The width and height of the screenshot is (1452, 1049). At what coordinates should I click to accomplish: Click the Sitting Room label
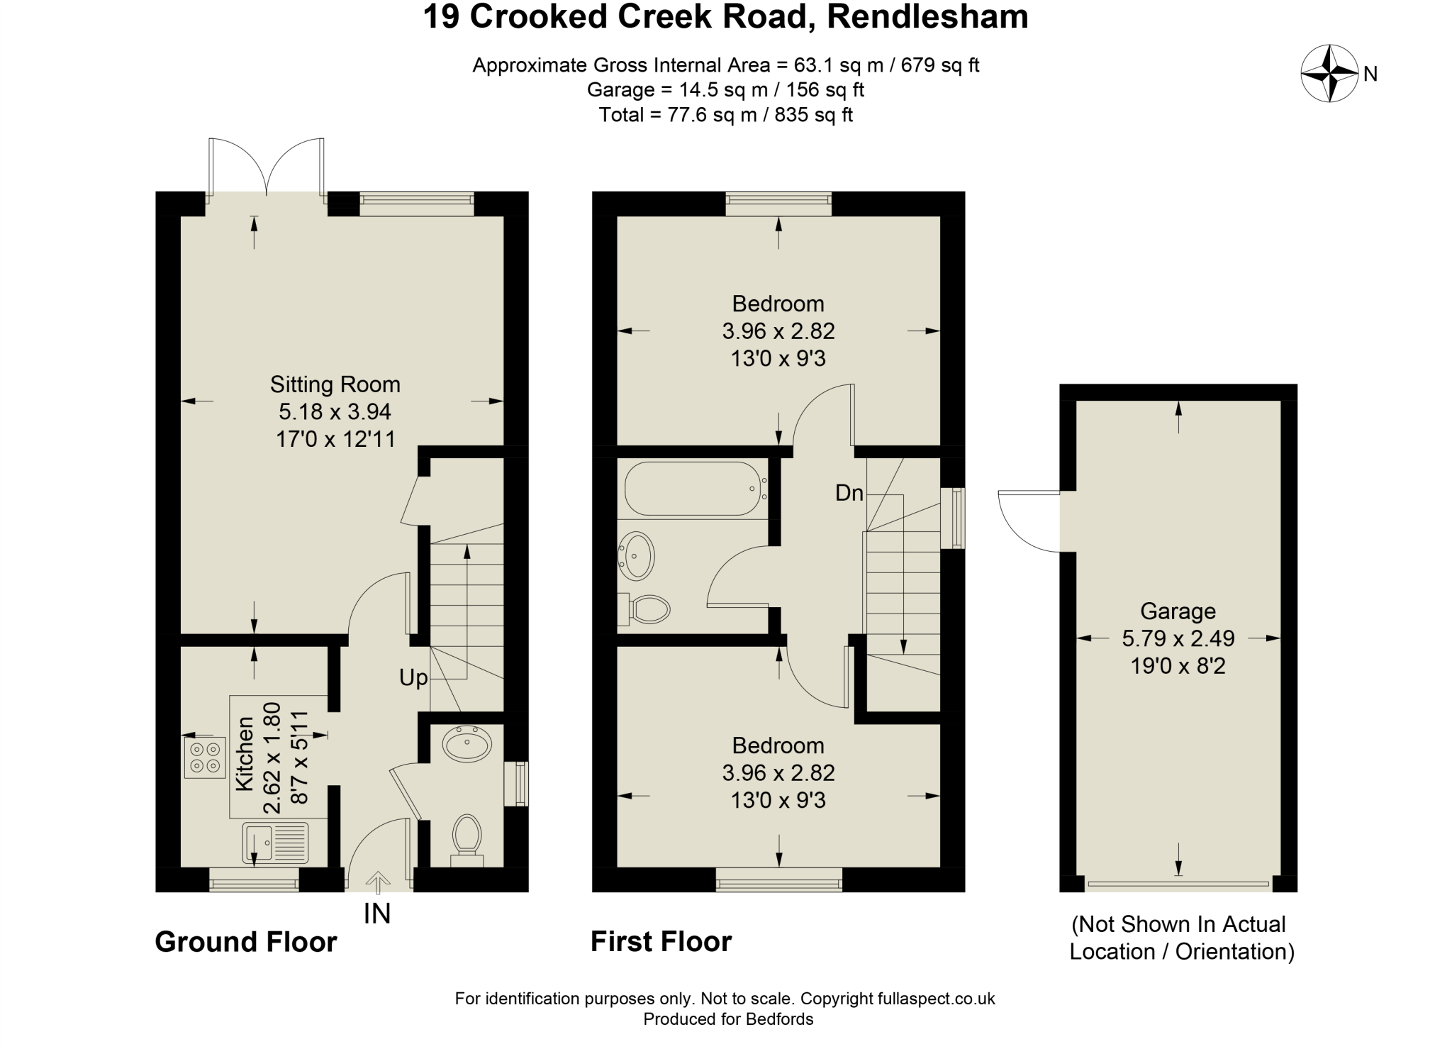(x=335, y=385)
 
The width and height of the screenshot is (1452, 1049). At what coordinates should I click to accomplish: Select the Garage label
(x=1178, y=611)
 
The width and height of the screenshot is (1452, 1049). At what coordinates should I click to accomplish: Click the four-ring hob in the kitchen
(x=205, y=757)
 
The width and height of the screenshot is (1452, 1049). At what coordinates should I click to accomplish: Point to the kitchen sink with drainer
(x=275, y=842)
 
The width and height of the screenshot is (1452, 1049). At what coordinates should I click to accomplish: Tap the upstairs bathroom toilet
(x=647, y=609)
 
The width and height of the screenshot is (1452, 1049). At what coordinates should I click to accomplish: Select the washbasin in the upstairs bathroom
(x=637, y=555)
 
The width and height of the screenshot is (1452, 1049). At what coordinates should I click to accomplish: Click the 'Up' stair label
(x=413, y=679)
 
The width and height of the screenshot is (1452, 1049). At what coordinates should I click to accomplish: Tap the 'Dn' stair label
(x=849, y=493)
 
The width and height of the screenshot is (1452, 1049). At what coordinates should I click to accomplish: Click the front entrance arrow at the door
(x=379, y=882)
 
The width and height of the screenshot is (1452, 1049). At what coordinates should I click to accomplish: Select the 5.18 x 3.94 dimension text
(x=335, y=412)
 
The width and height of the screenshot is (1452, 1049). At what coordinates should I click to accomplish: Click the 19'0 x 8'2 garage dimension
(x=1178, y=667)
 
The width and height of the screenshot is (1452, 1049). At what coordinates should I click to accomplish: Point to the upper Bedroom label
(x=778, y=304)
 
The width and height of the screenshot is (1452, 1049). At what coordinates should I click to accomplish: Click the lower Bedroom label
(x=778, y=746)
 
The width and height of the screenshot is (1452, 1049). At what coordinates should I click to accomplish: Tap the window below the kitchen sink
(x=254, y=879)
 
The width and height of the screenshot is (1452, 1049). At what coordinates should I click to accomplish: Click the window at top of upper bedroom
(x=778, y=204)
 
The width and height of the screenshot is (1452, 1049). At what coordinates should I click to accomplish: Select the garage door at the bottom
(x=1178, y=884)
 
